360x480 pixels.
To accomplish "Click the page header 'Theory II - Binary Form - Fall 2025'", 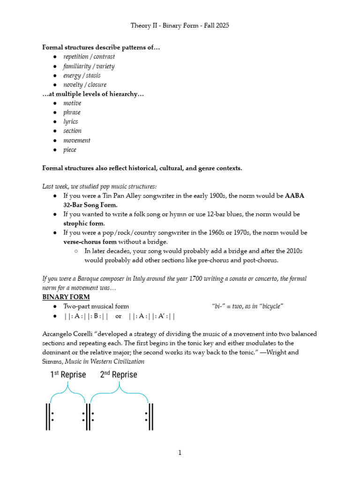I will point(180,26).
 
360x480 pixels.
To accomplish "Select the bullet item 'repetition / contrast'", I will point(89,57).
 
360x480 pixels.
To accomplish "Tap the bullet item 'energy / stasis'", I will point(82,75).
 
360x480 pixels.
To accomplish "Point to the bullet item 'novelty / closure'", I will point(85,85).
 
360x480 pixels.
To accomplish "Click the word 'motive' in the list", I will point(72,103).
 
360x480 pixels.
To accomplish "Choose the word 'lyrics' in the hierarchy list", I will point(71,122).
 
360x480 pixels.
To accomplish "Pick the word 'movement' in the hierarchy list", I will point(77,141).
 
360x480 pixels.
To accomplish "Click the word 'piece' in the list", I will point(70,150).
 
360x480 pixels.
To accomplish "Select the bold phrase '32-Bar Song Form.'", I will point(90,205).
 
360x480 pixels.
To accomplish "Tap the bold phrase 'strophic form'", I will point(84,223).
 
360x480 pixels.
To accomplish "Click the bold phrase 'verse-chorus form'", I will point(90,242).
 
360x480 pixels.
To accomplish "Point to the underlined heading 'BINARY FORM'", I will point(66,297).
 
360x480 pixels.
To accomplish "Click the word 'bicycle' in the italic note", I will point(268,307).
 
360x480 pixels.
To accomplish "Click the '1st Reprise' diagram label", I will point(68,375).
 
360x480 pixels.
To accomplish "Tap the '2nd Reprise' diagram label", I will point(119,375).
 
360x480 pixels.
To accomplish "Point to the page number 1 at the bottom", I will point(180,453).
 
